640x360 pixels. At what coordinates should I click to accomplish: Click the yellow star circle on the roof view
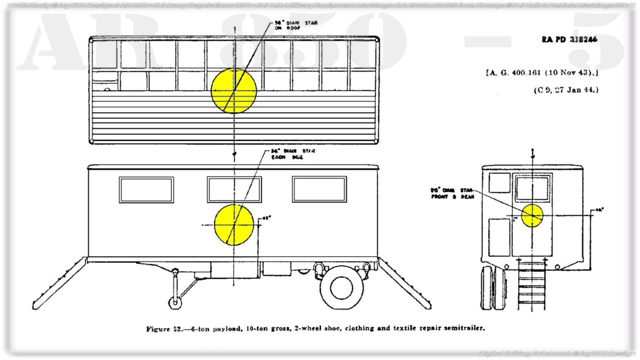tap(234, 91)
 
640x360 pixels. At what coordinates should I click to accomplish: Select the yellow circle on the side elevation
tap(234, 224)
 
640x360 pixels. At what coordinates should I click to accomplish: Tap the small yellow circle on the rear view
tap(532, 215)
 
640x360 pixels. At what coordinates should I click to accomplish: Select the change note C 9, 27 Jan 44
tap(566, 90)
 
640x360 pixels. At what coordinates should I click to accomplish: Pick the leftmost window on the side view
tap(146, 189)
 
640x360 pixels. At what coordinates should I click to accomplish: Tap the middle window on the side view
tap(234, 189)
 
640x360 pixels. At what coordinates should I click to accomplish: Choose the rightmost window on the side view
tap(319, 189)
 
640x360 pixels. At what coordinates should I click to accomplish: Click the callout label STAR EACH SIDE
tap(290, 154)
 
